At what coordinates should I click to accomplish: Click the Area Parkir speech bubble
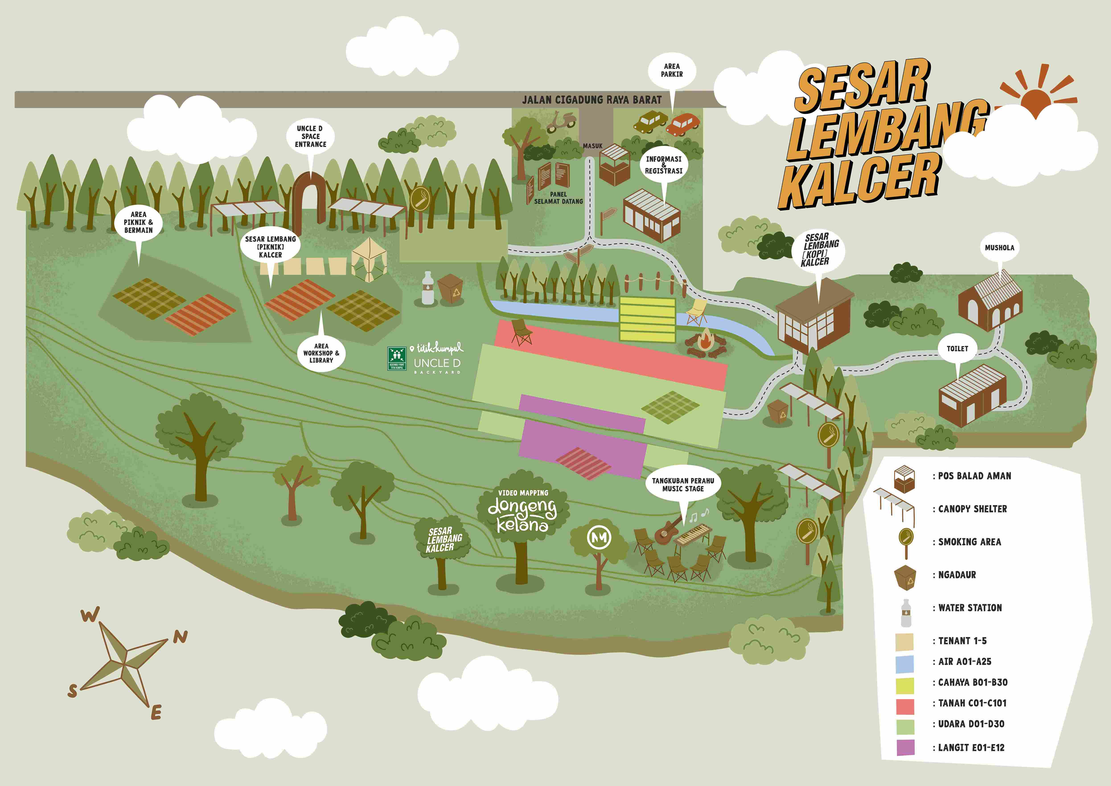tap(672, 71)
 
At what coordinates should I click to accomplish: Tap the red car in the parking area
tap(683, 123)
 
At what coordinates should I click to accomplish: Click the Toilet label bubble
tap(957, 348)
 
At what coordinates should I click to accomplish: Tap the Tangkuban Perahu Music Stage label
tap(683, 484)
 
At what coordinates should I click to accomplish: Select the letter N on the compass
tap(181, 637)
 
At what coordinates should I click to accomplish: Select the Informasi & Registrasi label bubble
tap(663, 165)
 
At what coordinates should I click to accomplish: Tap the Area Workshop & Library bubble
tap(321, 353)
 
